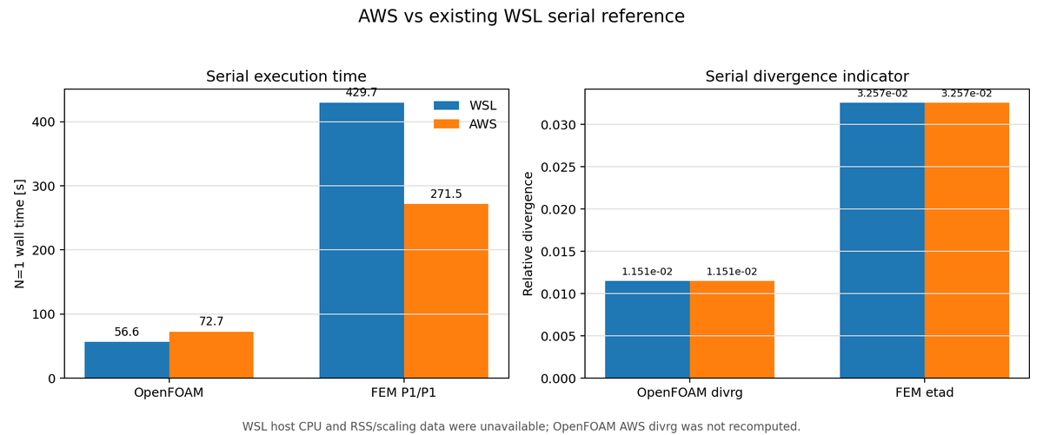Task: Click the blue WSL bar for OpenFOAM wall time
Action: click(x=127, y=359)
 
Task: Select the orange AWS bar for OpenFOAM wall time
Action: click(x=211, y=354)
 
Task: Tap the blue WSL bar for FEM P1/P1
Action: click(x=362, y=240)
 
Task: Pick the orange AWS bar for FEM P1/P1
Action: click(x=446, y=291)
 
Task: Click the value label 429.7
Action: click(x=362, y=93)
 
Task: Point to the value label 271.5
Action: click(x=446, y=194)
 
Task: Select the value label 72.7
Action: click(x=211, y=321)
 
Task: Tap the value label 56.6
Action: click(x=127, y=332)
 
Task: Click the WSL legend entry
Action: click(x=465, y=106)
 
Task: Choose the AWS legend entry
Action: click(x=465, y=124)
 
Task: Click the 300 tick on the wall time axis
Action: click(x=43, y=186)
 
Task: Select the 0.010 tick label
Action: click(x=559, y=293)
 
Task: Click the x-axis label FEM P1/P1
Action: click(x=403, y=392)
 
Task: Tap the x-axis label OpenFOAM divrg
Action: click(x=689, y=392)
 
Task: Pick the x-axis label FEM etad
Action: click(x=924, y=392)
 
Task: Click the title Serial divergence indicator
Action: click(x=807, y=76)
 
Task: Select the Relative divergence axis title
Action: click(x=528, y=234)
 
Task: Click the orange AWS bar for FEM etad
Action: click(x=967, y=240)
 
